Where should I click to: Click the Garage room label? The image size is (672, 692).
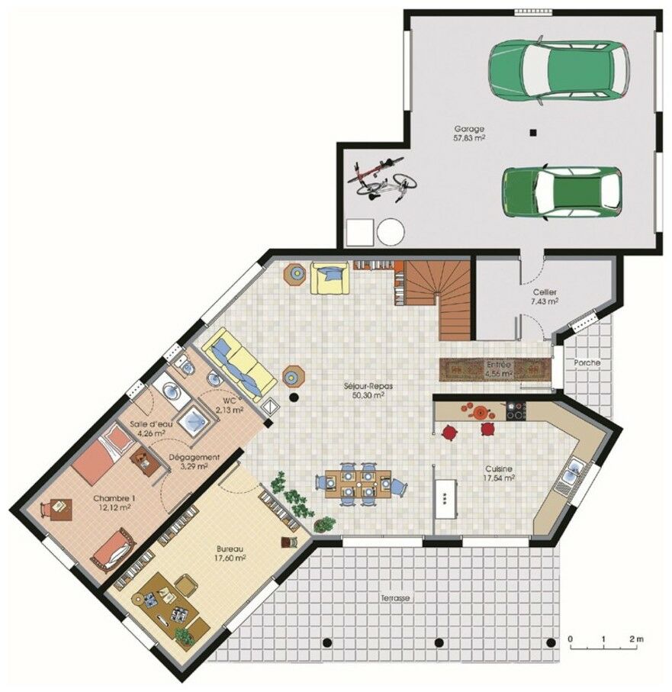coord(469,130)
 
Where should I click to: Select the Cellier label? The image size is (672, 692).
coord(544,292)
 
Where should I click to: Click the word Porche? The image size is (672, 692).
coord(587,363)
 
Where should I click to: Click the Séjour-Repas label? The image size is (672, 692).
coord(368,387)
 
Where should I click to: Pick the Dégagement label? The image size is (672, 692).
coord(194,457)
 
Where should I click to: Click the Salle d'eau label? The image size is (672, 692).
coord(150,423)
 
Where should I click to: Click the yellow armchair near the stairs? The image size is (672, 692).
coord(330,278)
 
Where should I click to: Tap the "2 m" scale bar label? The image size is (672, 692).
coord(636,638)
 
